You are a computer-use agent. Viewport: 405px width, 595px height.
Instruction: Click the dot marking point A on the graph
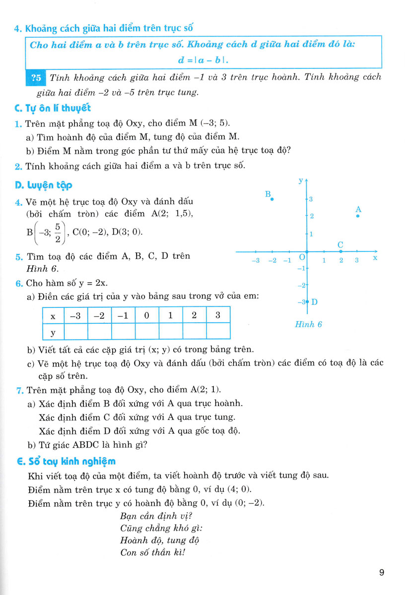358,216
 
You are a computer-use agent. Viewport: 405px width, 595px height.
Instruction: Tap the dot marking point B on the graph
271,199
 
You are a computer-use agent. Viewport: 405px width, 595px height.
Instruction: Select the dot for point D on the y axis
307,301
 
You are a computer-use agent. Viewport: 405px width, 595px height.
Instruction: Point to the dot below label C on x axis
340,251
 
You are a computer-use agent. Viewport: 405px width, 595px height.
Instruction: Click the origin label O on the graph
300,258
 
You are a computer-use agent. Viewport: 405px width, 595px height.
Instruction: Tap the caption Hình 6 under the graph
308,324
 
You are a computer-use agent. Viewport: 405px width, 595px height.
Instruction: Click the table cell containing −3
75,315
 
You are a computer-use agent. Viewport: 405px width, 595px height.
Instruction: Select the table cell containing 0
147,315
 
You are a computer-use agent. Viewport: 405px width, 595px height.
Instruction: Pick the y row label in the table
53,332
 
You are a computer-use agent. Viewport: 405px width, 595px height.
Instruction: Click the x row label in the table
53,315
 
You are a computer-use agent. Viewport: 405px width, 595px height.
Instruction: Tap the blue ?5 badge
36,78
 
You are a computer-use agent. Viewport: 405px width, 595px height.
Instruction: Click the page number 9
381,573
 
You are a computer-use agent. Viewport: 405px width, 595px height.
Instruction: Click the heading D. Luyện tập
44,185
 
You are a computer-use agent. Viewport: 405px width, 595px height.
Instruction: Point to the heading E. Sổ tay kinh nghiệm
66,461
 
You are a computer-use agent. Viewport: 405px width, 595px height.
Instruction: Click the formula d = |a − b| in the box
205,60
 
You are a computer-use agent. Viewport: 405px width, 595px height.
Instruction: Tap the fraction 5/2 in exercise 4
57,232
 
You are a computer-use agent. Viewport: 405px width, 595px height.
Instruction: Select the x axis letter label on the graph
375,258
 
